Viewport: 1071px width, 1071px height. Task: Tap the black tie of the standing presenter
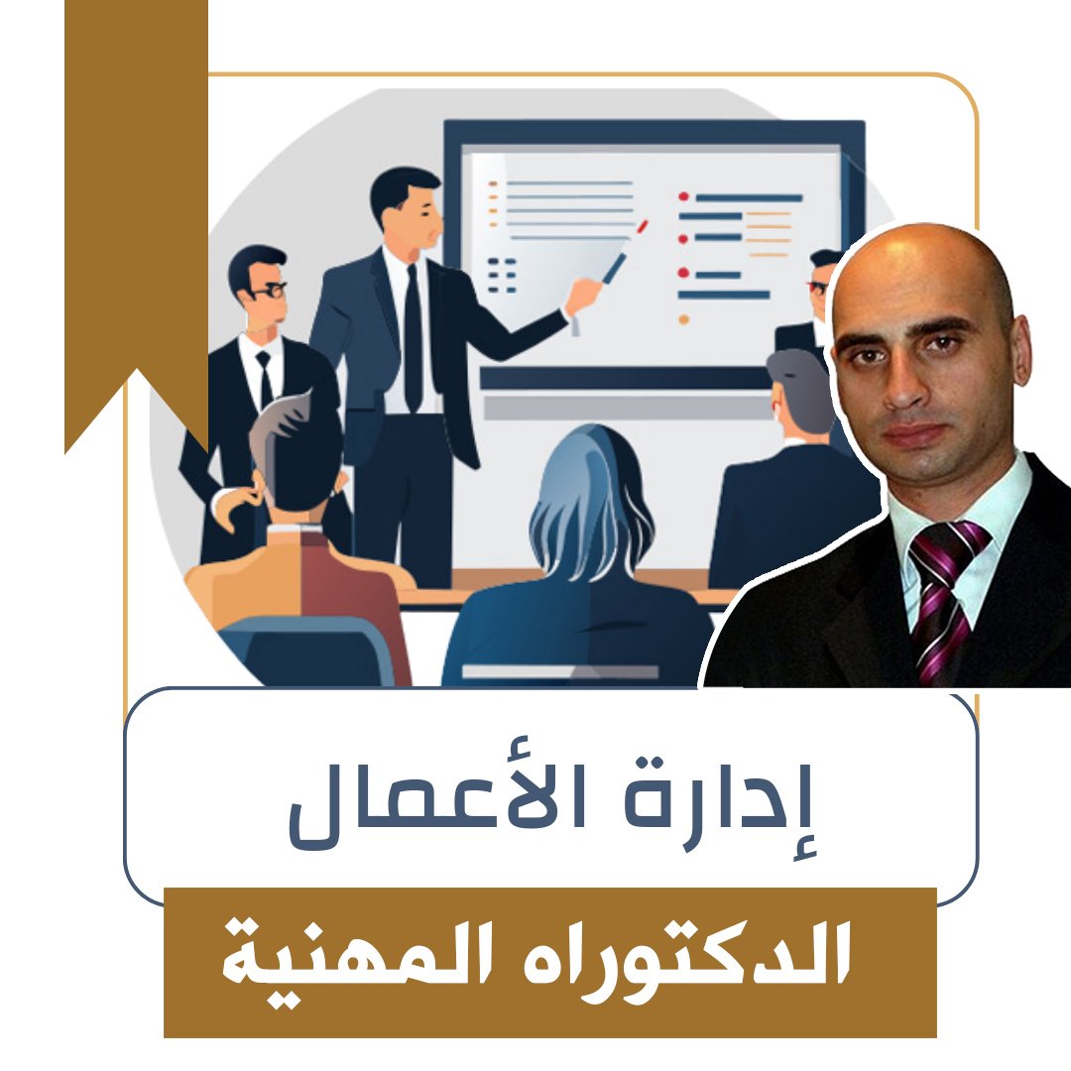[x=413, y=337]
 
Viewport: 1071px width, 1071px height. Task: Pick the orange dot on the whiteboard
[x=683, y=319]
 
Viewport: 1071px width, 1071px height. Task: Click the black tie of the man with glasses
[x=265, y=377]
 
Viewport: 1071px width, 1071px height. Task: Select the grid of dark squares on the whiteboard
[x=503, y=275]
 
